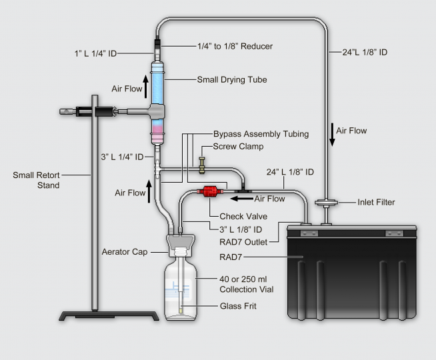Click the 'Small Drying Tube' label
231,80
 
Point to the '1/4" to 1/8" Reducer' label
227,46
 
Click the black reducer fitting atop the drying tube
159,48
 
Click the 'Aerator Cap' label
123,251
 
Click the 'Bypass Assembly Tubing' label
261,134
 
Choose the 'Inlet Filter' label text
376,202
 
